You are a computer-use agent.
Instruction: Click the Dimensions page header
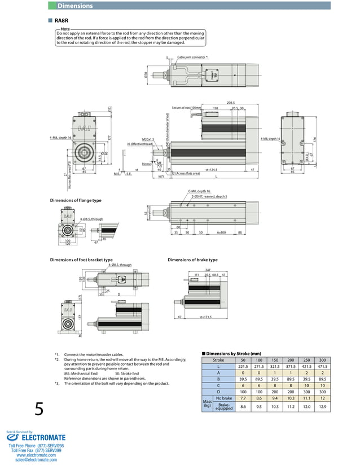coord(75,6)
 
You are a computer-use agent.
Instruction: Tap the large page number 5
coord(39,408)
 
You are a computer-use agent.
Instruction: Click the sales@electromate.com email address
coord(36,460)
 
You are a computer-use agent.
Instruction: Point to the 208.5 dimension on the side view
coord(231,103)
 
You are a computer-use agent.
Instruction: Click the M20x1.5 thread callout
coord(148,139)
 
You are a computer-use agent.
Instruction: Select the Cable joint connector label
coord(192,58)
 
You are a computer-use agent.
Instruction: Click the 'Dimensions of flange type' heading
coord(76,200)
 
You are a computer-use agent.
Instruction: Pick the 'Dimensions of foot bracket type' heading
coord(81,260)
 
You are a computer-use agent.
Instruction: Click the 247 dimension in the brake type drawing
coord(208,270)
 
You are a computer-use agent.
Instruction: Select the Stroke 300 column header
coord(322,360)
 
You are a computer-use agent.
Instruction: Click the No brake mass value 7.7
coord(243,398)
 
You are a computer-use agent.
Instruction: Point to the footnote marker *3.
coord(57,384)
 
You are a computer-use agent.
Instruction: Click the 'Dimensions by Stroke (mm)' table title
coord(232,353)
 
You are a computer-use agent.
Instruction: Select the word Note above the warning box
coord(65,29)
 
